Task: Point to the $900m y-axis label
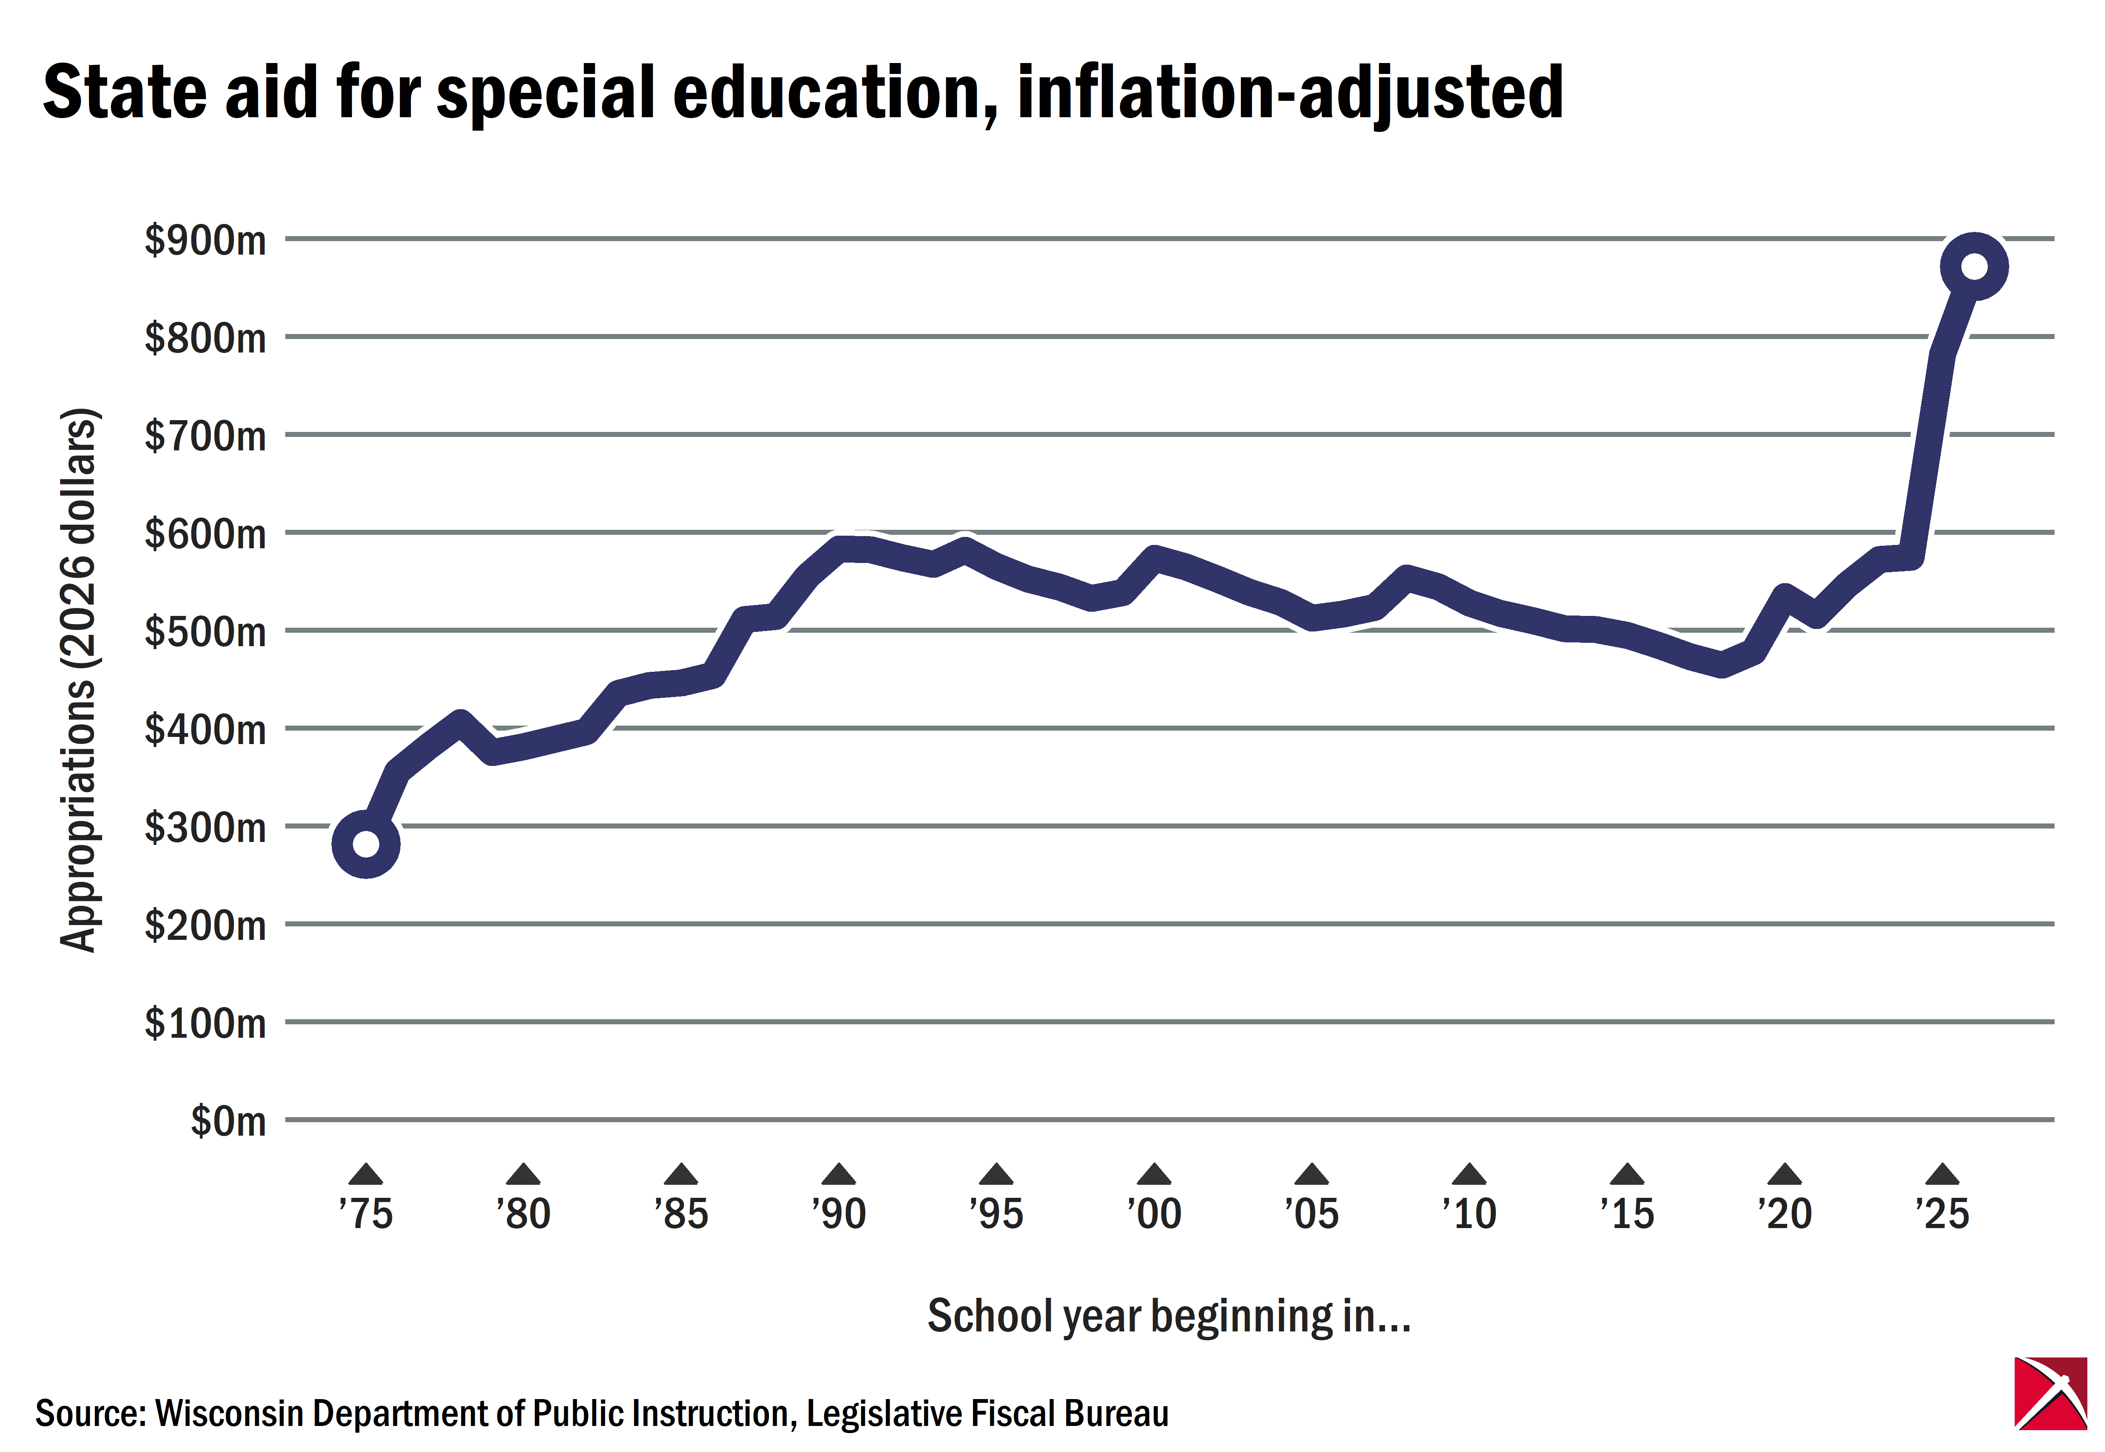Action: (205, 240)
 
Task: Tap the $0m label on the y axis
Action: (229, 1121)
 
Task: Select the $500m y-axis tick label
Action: (205, 631)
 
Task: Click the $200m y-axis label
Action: (205, 925)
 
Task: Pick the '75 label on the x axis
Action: (366, 1214)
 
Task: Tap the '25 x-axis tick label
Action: (1942, 1214)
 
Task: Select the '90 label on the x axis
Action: (839, 1214)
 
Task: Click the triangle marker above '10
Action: (1469, 1175)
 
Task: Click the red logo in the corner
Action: (2050, 1393)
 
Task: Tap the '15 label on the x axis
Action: (1627, 1214)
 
